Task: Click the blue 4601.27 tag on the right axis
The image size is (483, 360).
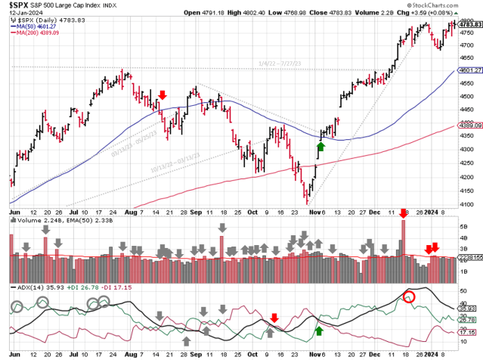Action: click(470, 71)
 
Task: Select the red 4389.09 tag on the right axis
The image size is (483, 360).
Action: click(470, 126)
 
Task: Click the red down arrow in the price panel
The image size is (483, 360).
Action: click(163, 95)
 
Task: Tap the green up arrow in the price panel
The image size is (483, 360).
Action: click(320, 146)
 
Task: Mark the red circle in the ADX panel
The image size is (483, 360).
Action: click(410, 296)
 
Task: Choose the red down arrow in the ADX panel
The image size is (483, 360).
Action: click(274, 318)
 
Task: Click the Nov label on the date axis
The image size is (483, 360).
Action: click(312, 214)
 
